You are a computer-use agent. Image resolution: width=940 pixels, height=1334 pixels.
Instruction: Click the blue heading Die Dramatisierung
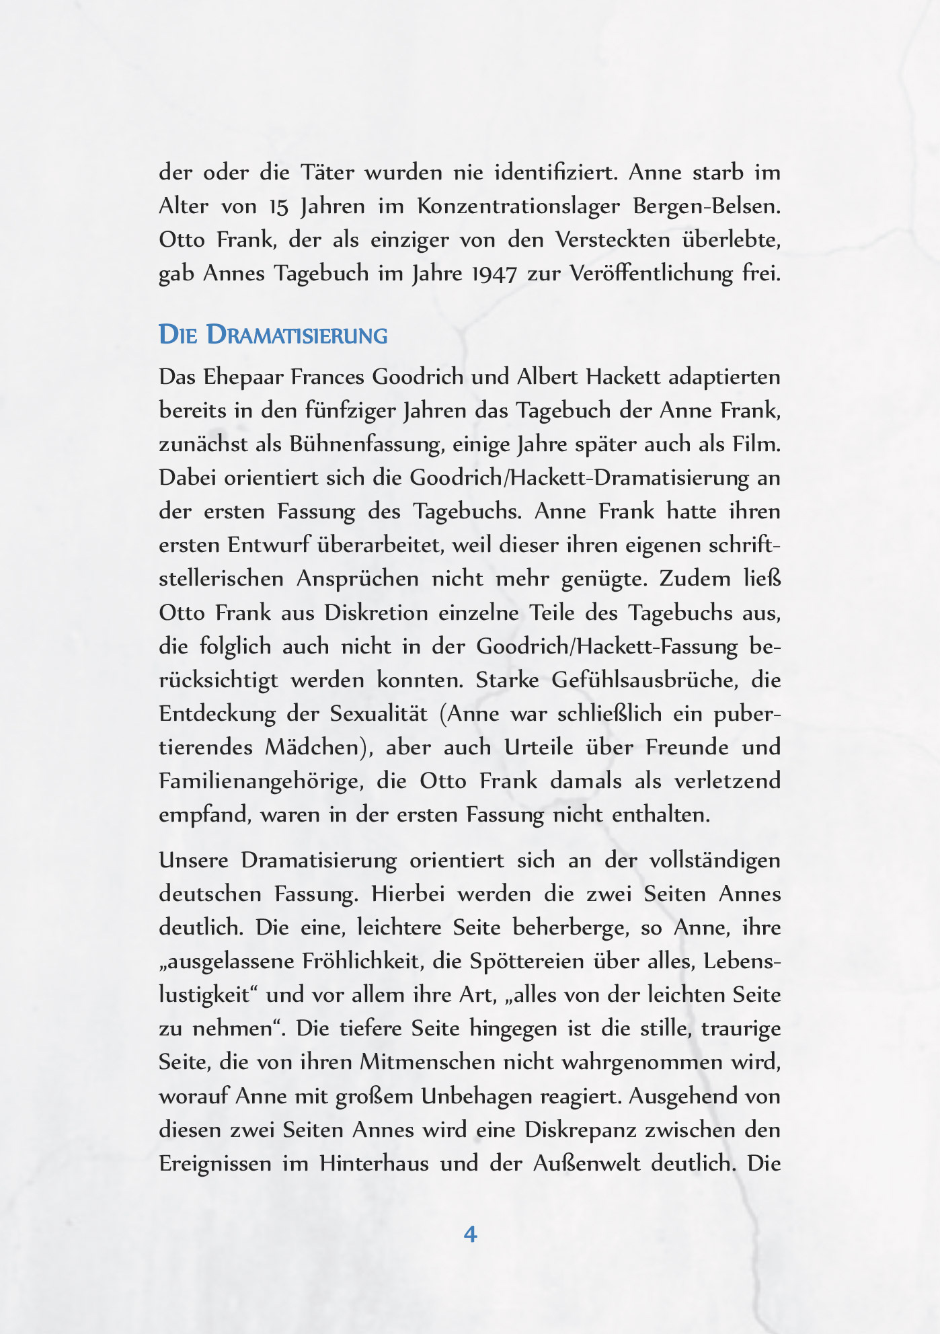273,335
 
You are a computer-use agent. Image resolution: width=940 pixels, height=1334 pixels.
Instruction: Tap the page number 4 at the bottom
470,1234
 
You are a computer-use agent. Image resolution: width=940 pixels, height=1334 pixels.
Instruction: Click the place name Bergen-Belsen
707,206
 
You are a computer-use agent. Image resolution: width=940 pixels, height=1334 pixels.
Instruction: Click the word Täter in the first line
326,173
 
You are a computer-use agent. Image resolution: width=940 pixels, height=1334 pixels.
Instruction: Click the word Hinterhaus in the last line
374,1164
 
